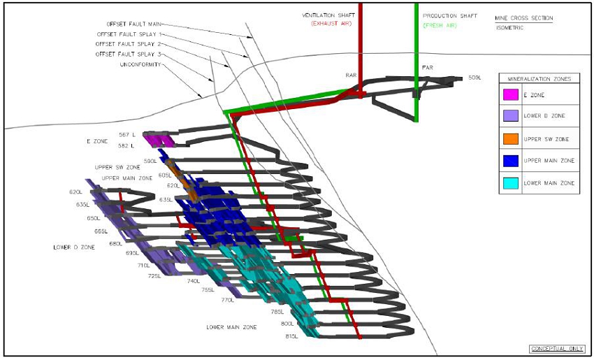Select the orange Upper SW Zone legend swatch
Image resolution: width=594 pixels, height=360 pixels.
pyautogui.click(x=510, y=139)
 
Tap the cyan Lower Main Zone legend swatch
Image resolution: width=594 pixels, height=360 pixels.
pyautogui.click(x=510, y=183)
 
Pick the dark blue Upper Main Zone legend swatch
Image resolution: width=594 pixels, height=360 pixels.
pyautogui.click(x=510, y=161)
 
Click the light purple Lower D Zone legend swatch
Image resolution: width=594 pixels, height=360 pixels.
pyautogui.click(x=510, y=117)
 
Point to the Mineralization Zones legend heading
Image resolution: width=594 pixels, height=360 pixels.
pyautogui.click(x=538, y=79)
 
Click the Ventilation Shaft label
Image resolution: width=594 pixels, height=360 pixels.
pyautogui.click(x=325, y=15)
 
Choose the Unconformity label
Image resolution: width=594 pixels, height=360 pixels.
pyautogui.click(x=141, y=64)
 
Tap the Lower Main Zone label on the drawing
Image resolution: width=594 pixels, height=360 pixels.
pyautogui.click(x=231, y=326)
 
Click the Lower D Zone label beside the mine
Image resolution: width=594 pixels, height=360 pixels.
pyautogui.click(x=74, y=247)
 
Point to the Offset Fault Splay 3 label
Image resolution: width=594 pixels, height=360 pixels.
pyautogui.click(x=129, y=54)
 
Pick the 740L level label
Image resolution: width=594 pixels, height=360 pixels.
pyautogui.click(x=194, y=281)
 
